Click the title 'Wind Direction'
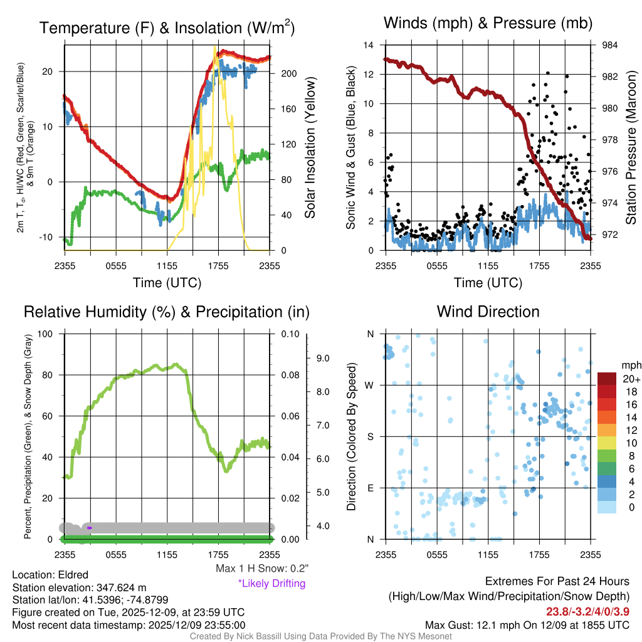tap(488, 312)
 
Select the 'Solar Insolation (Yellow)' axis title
tap(310, 147)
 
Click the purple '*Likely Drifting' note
tap(271, 584)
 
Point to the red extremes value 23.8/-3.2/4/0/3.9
tap(585, 611)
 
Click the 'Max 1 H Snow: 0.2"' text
tap(261, 569)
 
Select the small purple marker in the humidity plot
tap(90, 528)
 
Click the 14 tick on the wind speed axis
tap(369, 45)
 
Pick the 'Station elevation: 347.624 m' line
tap(79, 587)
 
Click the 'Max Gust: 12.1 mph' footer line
tap(527, 624)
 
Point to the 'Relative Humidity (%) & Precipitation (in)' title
tap(166, 312)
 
